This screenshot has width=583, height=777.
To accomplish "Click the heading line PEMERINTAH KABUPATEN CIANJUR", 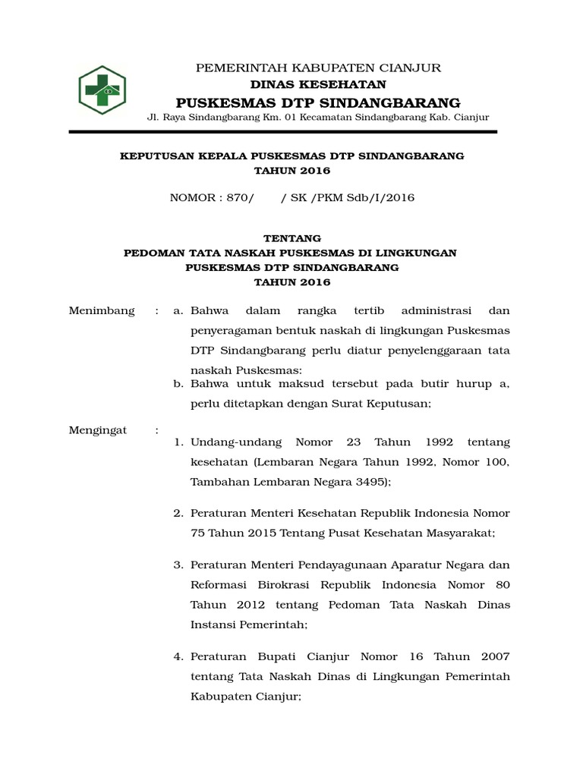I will click(x=318, y=68).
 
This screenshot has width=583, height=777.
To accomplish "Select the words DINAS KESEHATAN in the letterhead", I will click(x=318, y=84).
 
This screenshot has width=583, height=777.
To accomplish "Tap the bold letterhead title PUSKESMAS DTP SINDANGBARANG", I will click(x=318, y=102).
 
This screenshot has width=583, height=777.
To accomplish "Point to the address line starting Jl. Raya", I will click(x=318, y=118).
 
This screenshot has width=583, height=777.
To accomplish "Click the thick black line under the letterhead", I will click(x=282, y=132).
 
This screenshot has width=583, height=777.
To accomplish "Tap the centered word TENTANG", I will click(x=292, y=238).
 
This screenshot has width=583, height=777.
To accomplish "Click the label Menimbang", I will click(x=102, y=310).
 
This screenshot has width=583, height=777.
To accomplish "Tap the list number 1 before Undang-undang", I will click(x=179, y=442).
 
